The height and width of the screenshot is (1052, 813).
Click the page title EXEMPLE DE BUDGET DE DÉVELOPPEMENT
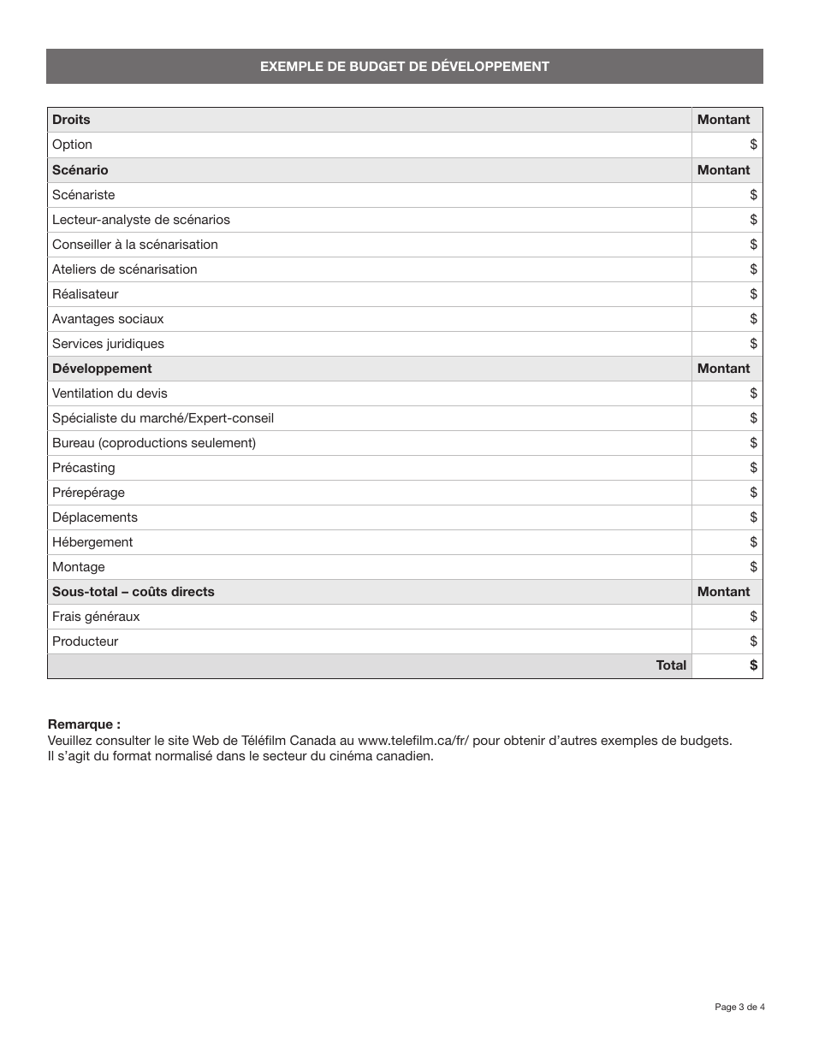coord(404,67)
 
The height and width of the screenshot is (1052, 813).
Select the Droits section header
coord(71,120)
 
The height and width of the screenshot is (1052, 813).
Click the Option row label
coord(72,145)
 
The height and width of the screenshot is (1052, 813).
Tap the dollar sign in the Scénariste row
coord(753,195)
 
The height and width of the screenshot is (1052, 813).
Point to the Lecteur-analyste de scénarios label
coord(140,220)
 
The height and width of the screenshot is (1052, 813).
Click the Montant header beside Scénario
coord(723,170)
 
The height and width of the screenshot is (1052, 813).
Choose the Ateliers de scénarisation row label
coord(124,269)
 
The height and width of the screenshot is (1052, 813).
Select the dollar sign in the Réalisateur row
coord(753,294)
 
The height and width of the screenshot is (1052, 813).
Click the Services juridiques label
coord(108,344)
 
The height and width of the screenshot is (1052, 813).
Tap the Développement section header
coord(102,369)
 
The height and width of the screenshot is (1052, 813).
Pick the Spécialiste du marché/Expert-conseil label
coord(163,418)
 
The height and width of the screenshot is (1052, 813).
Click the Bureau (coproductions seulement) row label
coord(154,443)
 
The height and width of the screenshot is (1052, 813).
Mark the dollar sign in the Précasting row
coord(753,468)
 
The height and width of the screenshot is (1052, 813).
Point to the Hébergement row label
coord(92,542)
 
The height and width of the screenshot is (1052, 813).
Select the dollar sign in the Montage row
coord(753,567)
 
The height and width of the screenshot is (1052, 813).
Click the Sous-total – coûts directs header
coord(133,592)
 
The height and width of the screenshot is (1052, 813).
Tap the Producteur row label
coord(85,641)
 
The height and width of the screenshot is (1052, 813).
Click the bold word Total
coord(671,665)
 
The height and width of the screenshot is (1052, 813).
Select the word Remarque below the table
coord(83,724)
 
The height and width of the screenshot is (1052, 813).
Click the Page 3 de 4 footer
coord(739,1007)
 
